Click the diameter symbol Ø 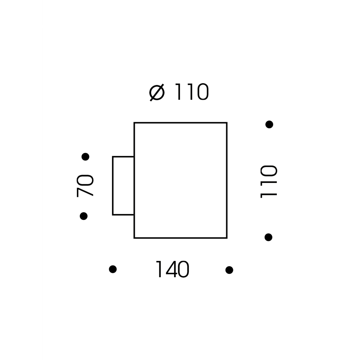157,92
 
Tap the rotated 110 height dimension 269,181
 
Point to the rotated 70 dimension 85,186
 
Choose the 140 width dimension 172,269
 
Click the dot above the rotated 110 269,124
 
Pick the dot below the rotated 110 268,237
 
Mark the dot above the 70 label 85,157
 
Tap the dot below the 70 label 84,216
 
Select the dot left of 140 113,269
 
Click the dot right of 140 229,270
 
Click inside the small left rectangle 123,186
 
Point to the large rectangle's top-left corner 134,123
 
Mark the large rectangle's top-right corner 227,123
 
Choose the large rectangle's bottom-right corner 227,238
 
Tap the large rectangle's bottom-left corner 134,238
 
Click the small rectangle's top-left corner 113,157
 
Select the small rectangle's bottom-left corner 113,215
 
